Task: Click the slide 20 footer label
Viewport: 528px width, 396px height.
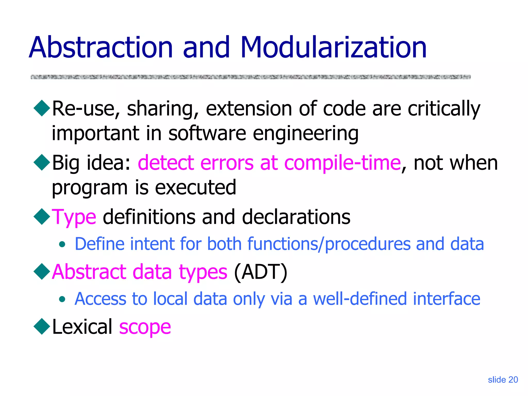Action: click(503, 379)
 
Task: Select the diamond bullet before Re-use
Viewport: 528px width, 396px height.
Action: click(42, 108)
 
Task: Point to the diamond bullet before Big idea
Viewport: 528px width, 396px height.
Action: click(42, 162)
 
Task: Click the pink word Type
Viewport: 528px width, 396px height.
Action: click(74, 217)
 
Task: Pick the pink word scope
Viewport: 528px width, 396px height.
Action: click(145, 327)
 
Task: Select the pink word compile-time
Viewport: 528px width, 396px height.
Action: click(342, 163)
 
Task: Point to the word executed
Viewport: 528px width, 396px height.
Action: click(195, 187)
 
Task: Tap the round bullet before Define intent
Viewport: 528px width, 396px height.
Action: click(62, 244)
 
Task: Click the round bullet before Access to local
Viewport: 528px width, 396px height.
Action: click(62, 299)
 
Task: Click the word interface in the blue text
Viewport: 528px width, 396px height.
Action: click(447, 299)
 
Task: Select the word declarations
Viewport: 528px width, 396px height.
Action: click(296, 217)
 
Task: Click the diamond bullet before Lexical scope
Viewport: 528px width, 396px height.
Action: click(42, 326)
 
